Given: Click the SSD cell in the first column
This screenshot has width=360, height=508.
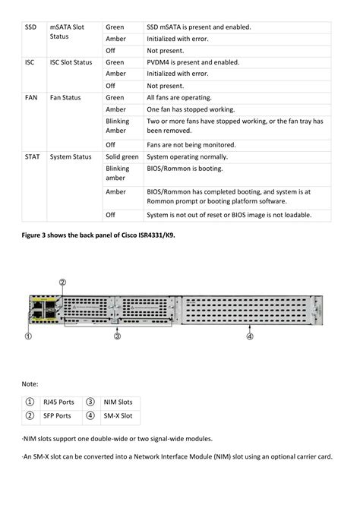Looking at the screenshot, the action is (x=30, y=27).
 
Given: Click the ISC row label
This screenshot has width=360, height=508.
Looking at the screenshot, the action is (x=30, y=62).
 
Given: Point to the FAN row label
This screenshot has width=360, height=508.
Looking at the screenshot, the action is (x=30, y=98).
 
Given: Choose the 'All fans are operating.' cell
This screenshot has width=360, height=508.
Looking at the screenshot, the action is (x=180, y=98).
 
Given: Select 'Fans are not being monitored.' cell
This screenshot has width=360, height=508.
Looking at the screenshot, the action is (x=191, y=144).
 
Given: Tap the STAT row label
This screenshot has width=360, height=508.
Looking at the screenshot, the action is (x=32, y=156).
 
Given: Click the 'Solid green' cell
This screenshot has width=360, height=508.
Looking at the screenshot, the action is (x=122, y=156).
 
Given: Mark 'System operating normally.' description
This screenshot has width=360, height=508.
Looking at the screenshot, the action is (x=190, y=156).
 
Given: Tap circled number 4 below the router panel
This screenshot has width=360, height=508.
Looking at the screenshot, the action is (x=250, y=336).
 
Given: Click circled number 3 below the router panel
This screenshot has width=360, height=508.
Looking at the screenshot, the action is (x=118, y=336).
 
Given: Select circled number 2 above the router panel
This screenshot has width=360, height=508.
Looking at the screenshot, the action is (x=63, y=281).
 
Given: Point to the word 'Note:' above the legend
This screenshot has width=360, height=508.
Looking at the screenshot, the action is (x=30, y=384).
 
